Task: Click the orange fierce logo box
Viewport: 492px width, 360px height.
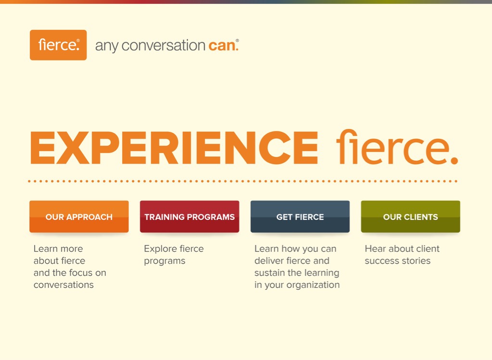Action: tap(58, 45)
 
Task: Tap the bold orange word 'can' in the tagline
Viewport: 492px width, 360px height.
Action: tap(222, 46)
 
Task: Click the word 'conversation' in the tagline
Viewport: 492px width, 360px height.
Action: tap(163, 46)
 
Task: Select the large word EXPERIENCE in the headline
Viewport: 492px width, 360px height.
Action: tap(174, 148)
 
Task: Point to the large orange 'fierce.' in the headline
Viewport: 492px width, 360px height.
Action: tap(397, 147)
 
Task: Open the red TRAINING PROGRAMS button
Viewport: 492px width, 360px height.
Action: tap(189, 217)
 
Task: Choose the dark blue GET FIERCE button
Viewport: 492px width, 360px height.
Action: tap(300, 217)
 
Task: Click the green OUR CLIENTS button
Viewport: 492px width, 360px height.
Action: tap(410, 217)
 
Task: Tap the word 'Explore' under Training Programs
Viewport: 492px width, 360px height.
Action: tap(160, 249)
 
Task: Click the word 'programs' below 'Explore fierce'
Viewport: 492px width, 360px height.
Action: tap(165, 261)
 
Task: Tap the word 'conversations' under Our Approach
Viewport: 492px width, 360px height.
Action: tap(63, 285)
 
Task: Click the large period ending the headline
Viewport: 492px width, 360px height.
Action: tap(454, 161)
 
